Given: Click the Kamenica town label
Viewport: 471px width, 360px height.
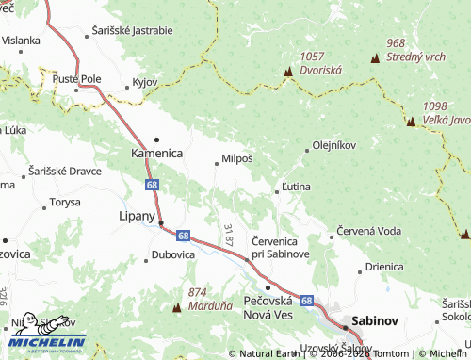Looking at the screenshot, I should (x=156, y=153).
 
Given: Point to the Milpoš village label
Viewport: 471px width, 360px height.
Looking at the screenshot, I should (x=236, y=159).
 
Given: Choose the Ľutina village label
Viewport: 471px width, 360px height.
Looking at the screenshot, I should (x=297, y=188).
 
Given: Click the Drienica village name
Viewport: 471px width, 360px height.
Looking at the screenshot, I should (x=384, y=267).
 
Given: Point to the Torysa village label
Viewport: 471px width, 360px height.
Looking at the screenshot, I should (x=65, y=202).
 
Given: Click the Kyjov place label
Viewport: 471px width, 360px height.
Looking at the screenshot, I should (x=144, y=82).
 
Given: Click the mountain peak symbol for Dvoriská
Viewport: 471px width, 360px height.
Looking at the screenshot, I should (x=287, y=72).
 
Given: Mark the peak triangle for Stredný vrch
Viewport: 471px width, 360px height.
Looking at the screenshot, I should (x=376, y=58).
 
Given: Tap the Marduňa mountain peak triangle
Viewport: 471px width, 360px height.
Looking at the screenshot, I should (x=177, y=308).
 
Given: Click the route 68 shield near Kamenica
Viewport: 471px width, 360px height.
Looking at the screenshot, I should (x=152, y=186).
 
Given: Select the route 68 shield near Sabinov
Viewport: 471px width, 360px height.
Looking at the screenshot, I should (x=306, y=300).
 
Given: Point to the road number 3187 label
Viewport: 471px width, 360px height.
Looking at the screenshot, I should (x=229, y=235).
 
